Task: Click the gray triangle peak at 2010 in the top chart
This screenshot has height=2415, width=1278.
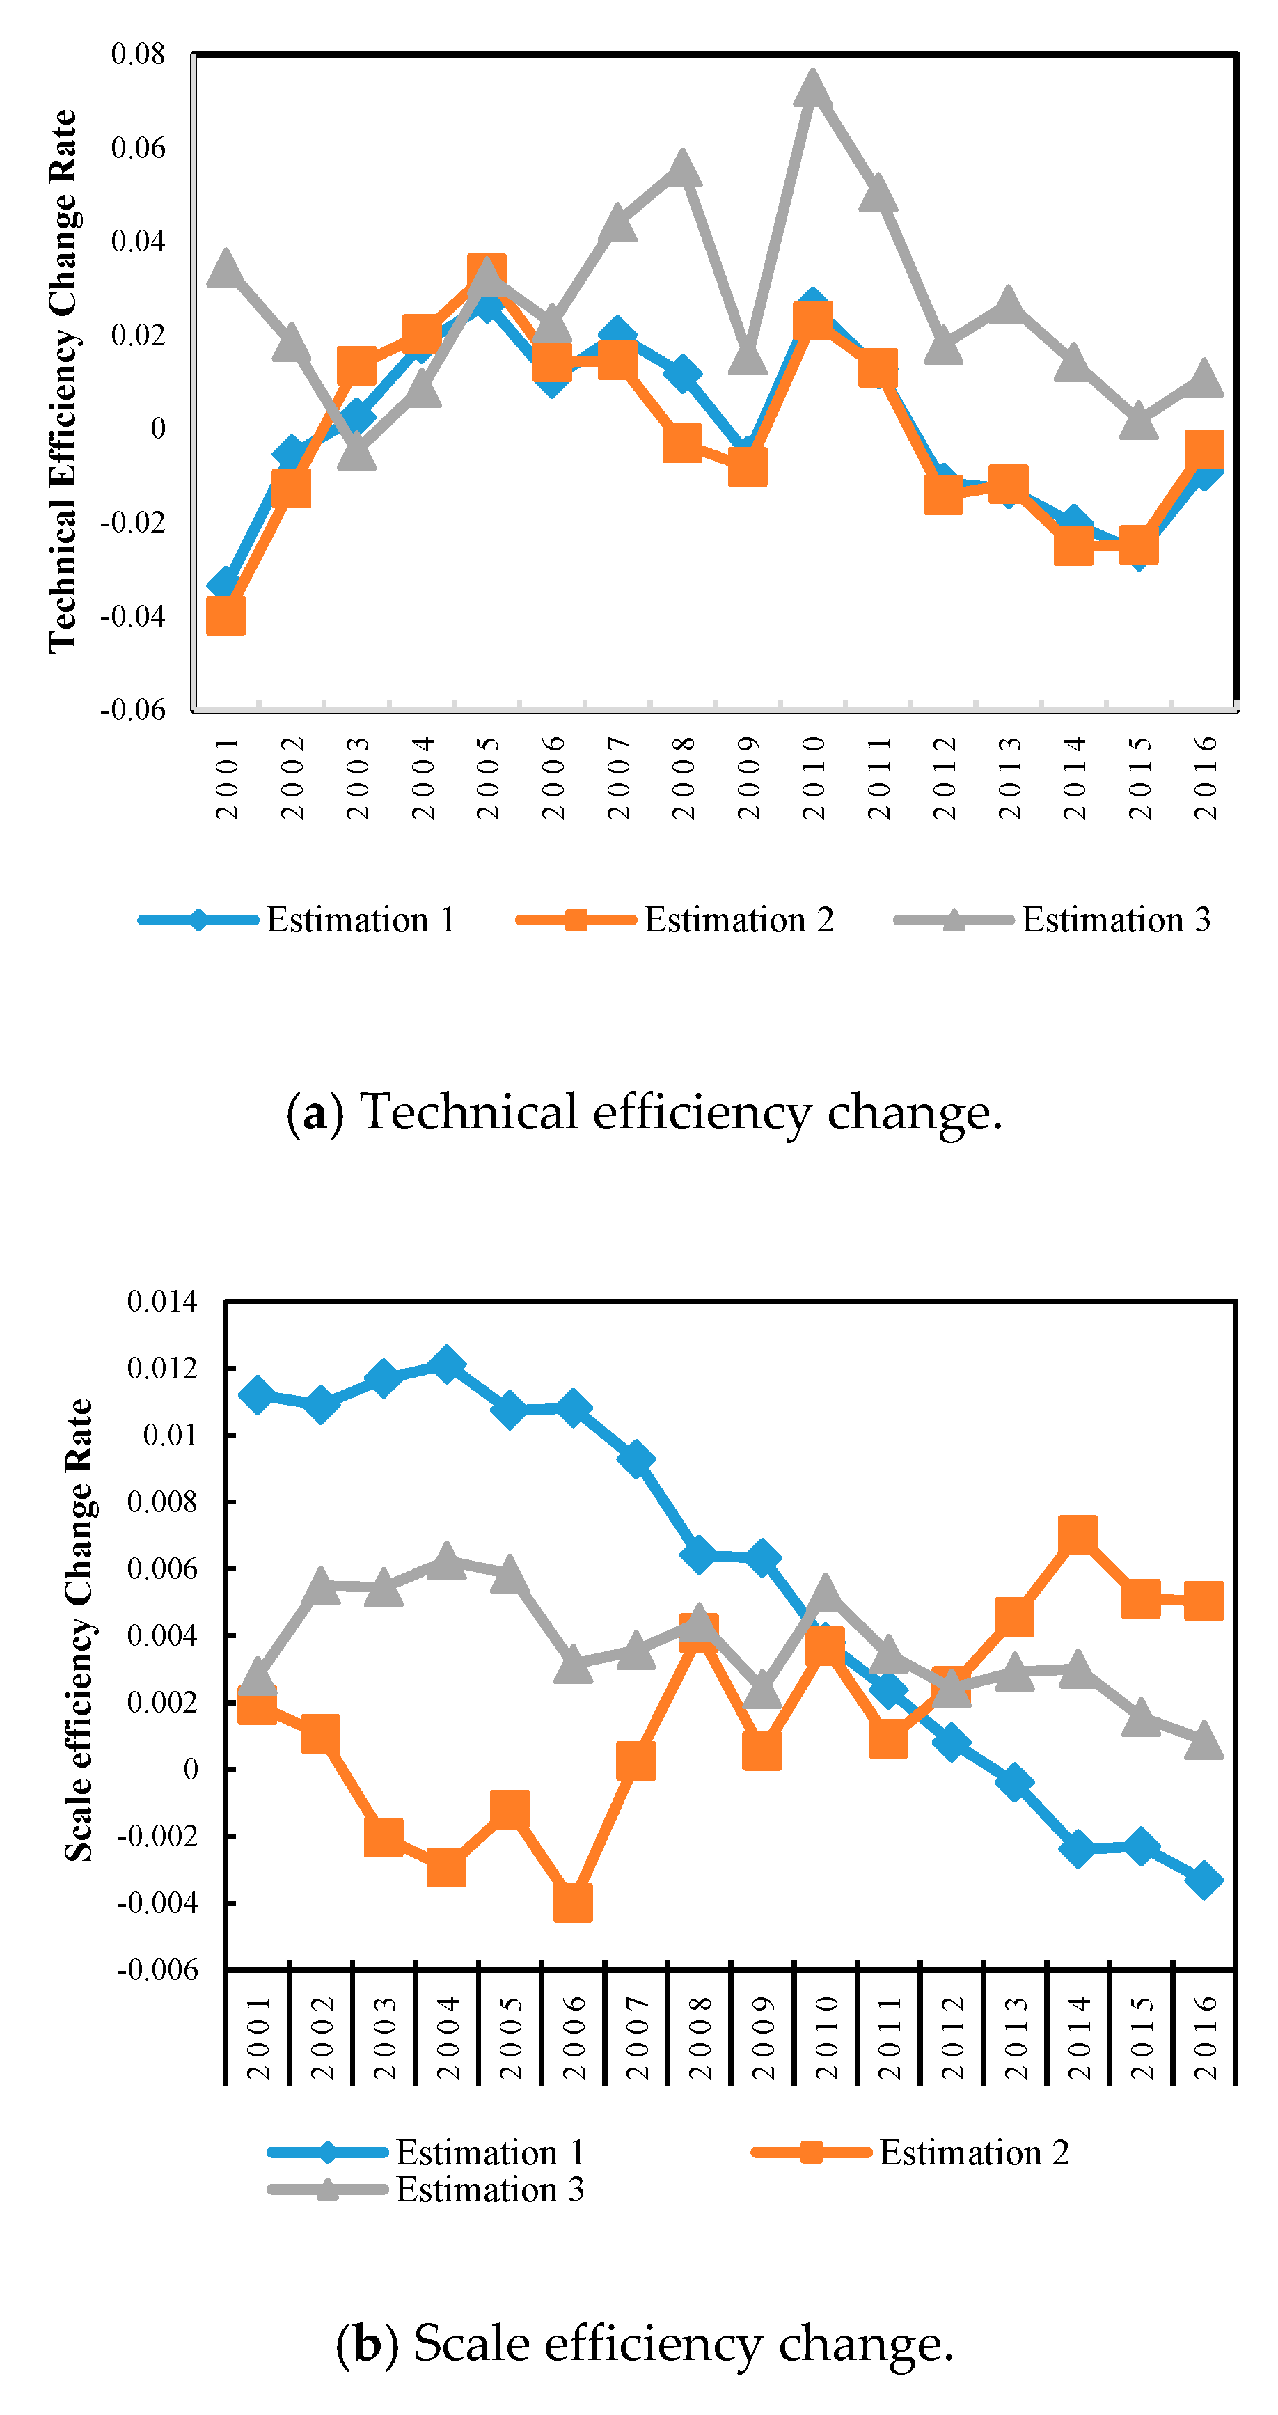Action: click(x=812, y=89)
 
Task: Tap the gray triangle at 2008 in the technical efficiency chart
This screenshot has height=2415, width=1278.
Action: click(x=681, y=168)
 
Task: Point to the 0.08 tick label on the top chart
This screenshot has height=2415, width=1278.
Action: click(x=138, y=54)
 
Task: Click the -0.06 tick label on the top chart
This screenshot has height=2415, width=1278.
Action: click(x=132, y=709)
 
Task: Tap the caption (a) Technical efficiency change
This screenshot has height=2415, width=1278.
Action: click(x=644, y=1112)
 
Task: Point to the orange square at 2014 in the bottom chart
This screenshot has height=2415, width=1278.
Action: click(x=1078, y=1536)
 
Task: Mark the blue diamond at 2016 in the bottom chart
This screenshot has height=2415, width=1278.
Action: click(x=1204, y=1880)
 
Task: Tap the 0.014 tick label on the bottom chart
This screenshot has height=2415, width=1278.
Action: click(x=162, y=1301)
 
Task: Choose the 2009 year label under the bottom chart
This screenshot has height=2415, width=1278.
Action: click(x=763, y=2037)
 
